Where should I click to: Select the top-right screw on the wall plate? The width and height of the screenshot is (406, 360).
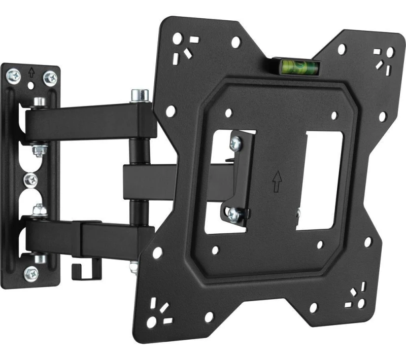click(51, 77)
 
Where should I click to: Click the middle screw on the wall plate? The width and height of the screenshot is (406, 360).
click(32, 178)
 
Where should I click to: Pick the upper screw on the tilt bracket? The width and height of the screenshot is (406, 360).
click(234, 143)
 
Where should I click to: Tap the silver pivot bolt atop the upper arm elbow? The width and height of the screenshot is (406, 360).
click(139, 95)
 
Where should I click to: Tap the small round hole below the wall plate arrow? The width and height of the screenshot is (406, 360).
click(31, 86)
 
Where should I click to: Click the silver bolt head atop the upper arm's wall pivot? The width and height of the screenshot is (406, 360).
click(38, 103)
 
